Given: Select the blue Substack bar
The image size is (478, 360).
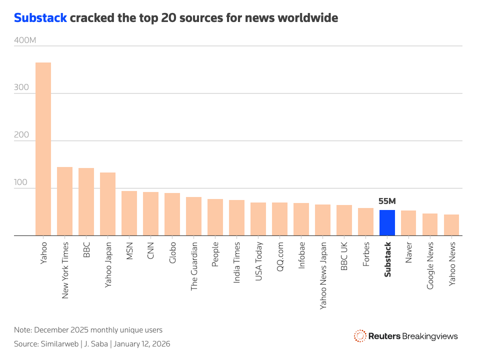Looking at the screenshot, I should (x=387, y=222).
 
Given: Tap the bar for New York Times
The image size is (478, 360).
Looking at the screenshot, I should (x=64, y=201).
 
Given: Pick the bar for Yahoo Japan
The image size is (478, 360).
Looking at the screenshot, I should (x=107, y=204).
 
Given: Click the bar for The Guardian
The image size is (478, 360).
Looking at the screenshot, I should (x=193, y=216).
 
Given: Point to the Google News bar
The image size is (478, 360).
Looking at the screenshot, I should (x=430, y=224).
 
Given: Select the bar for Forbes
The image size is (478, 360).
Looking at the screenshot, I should (x=365, y=221).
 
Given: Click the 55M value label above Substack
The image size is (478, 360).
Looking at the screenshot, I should (x=387, y=201).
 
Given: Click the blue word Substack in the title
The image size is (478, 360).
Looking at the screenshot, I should (x=40, y=18).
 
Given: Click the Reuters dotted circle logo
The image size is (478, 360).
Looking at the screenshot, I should (x=359, y=336).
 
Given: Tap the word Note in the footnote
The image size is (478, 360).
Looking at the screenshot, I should (x=22, y=330).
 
